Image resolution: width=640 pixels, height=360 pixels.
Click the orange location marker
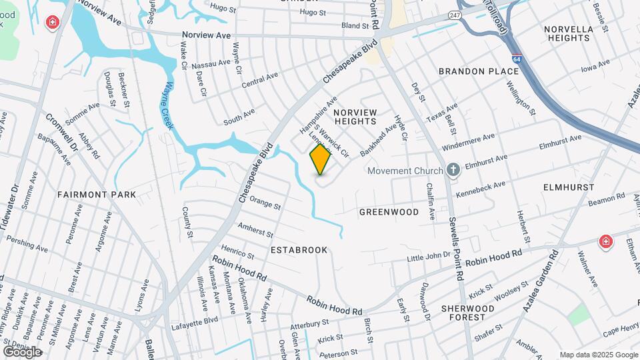321,159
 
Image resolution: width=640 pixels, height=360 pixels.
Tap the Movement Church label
405,171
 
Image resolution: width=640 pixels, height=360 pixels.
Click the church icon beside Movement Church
453,170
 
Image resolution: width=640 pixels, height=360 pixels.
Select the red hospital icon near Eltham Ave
605,241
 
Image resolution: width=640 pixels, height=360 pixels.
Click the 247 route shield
455,13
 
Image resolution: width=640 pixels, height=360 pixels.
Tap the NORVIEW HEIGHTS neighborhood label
355,117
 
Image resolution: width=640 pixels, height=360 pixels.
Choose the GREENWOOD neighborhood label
389,212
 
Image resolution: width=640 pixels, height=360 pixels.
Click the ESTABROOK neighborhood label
299,250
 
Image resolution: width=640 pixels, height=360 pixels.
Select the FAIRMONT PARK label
97,195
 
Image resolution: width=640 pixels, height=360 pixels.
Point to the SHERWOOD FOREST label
467,313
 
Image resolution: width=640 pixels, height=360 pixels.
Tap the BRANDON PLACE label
469,71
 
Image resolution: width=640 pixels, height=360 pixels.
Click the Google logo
22,351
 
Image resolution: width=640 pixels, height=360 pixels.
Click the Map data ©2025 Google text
599,355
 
